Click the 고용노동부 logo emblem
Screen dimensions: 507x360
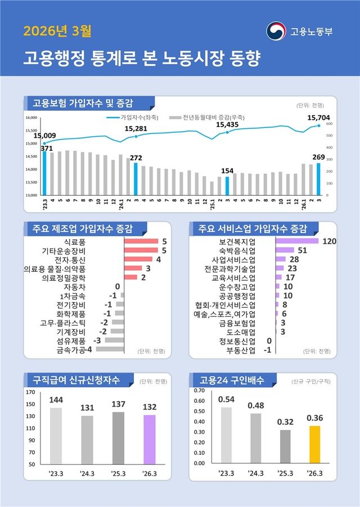coord(276,30)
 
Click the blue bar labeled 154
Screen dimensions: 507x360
coord(227,186)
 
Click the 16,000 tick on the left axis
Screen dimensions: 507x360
coord(31,118)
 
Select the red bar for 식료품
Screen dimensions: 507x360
coord(141,241)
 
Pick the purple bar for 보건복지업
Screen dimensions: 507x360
coord(297,241)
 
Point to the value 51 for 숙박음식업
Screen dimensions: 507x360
coord(302,250)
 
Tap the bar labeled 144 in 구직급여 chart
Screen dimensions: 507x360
coord(56,436)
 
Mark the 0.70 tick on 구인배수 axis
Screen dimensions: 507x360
coord(199,390)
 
